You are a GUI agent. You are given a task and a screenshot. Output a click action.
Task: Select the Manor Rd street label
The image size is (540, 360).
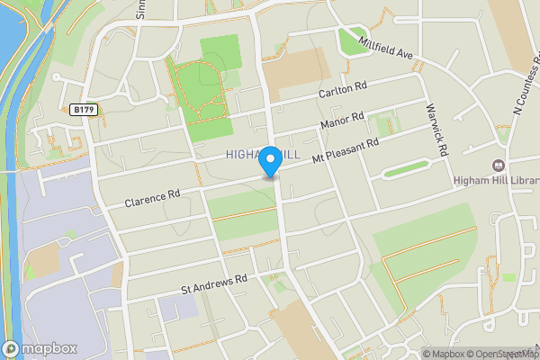coord(343,120)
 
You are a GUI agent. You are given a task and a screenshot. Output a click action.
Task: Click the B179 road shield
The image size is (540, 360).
coord(84,110)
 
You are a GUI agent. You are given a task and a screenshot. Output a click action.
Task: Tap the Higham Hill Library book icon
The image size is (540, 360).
coord(498,166)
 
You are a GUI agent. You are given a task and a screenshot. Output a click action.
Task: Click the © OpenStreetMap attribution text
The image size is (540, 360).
coord(499,354)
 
